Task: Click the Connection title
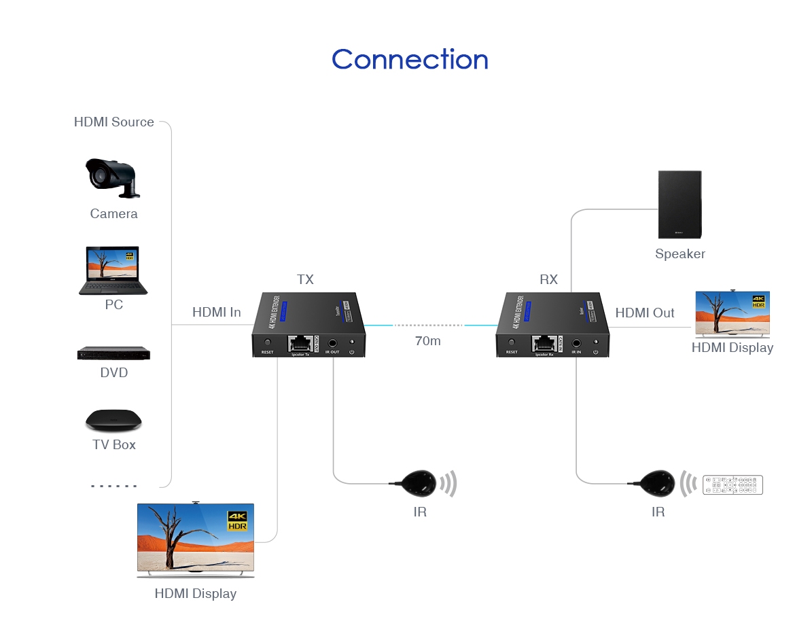coord(410,60)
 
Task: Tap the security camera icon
coord(112,177)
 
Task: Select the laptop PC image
coord(113,270)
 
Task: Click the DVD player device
coord(113,353)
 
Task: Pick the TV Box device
coord(113,420)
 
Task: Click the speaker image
coord(679,205)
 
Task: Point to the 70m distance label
coord(428,341)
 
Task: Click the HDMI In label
coord(216,313)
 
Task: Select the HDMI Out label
coord(645,313)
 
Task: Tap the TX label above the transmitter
coord(305,279)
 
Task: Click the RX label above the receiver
coord(548,279)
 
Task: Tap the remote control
coord(733,484)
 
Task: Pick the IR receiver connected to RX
coord(657,483)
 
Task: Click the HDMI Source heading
coord(113,122)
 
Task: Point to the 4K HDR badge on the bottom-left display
coord(237,522)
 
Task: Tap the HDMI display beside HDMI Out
coord(732,314)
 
